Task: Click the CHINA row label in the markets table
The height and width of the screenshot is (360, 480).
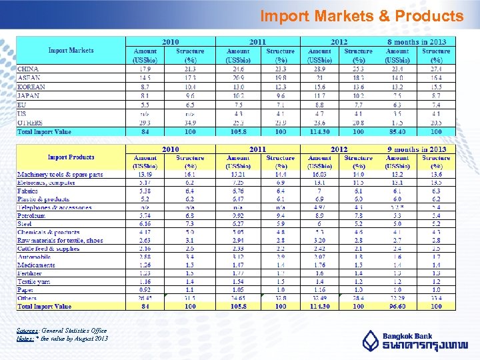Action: click(x=28, y=69)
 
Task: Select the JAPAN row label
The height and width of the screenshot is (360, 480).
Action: click(x=28, y=95)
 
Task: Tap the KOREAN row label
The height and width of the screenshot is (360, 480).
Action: click(x=31, y=87)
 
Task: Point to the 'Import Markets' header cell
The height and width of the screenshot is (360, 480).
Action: click(x=71, y=50)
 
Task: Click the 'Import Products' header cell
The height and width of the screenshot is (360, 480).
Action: click(x=71, y=157)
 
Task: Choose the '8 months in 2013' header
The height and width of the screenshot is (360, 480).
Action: click(x=417, y=41)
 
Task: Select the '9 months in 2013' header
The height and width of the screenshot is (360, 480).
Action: click(x=417, y=149)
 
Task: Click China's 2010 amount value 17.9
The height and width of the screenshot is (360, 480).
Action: click(x=145, y=69)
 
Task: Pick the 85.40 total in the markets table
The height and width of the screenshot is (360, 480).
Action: click(x=397, y=131)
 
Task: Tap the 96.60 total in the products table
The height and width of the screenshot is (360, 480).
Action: click(x=397, y=307)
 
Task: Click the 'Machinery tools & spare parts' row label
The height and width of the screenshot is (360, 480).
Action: click(x=60, y=175)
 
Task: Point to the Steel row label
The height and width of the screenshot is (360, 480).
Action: click(x=25, y=224)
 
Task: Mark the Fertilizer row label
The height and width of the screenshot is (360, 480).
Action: click(x=31, y=273)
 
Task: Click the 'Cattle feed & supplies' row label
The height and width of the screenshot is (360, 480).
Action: click(x=48, y=249)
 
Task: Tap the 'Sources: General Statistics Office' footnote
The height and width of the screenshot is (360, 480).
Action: click(x=61, y=331)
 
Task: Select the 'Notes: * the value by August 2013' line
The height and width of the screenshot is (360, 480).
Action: click(x=62, y=338)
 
